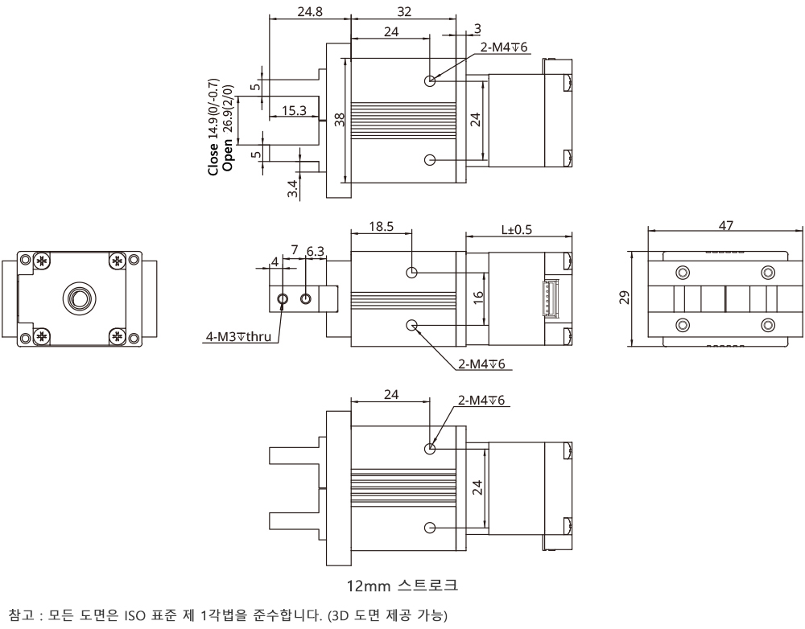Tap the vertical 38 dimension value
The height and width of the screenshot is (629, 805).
click(x=339, y=120)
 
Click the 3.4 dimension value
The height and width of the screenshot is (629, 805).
click(x=293, y=190)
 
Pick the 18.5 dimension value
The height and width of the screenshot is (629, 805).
click(x=381, y=227)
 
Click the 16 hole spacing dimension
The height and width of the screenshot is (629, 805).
click(x=477, y=298)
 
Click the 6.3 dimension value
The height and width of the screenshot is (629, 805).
click(x=316, y=252)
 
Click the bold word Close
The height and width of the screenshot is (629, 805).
click(x=213, y=162)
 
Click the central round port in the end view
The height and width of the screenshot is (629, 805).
click(x=77, y=298)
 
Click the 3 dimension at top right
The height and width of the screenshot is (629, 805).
click(x=477, y=28)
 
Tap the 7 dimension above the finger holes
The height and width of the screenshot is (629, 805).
click(x=295, y=252)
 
